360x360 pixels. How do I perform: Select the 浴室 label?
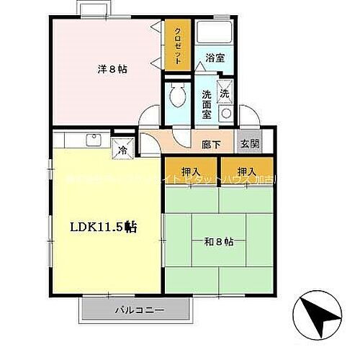click(x=214, y=58)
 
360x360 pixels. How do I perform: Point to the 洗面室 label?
click(x=206, y=102)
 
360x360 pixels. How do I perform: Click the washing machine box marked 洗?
click(x=225, y=94)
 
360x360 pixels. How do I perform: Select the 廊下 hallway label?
click(x=211, y=144)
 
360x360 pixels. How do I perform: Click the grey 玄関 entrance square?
click(x=246, y=143)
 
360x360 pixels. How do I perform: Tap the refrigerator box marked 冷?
click(x=122, y=150)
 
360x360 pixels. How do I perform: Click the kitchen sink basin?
click(x=93, y=140)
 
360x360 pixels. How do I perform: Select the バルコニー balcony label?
click(x=139, y=311)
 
